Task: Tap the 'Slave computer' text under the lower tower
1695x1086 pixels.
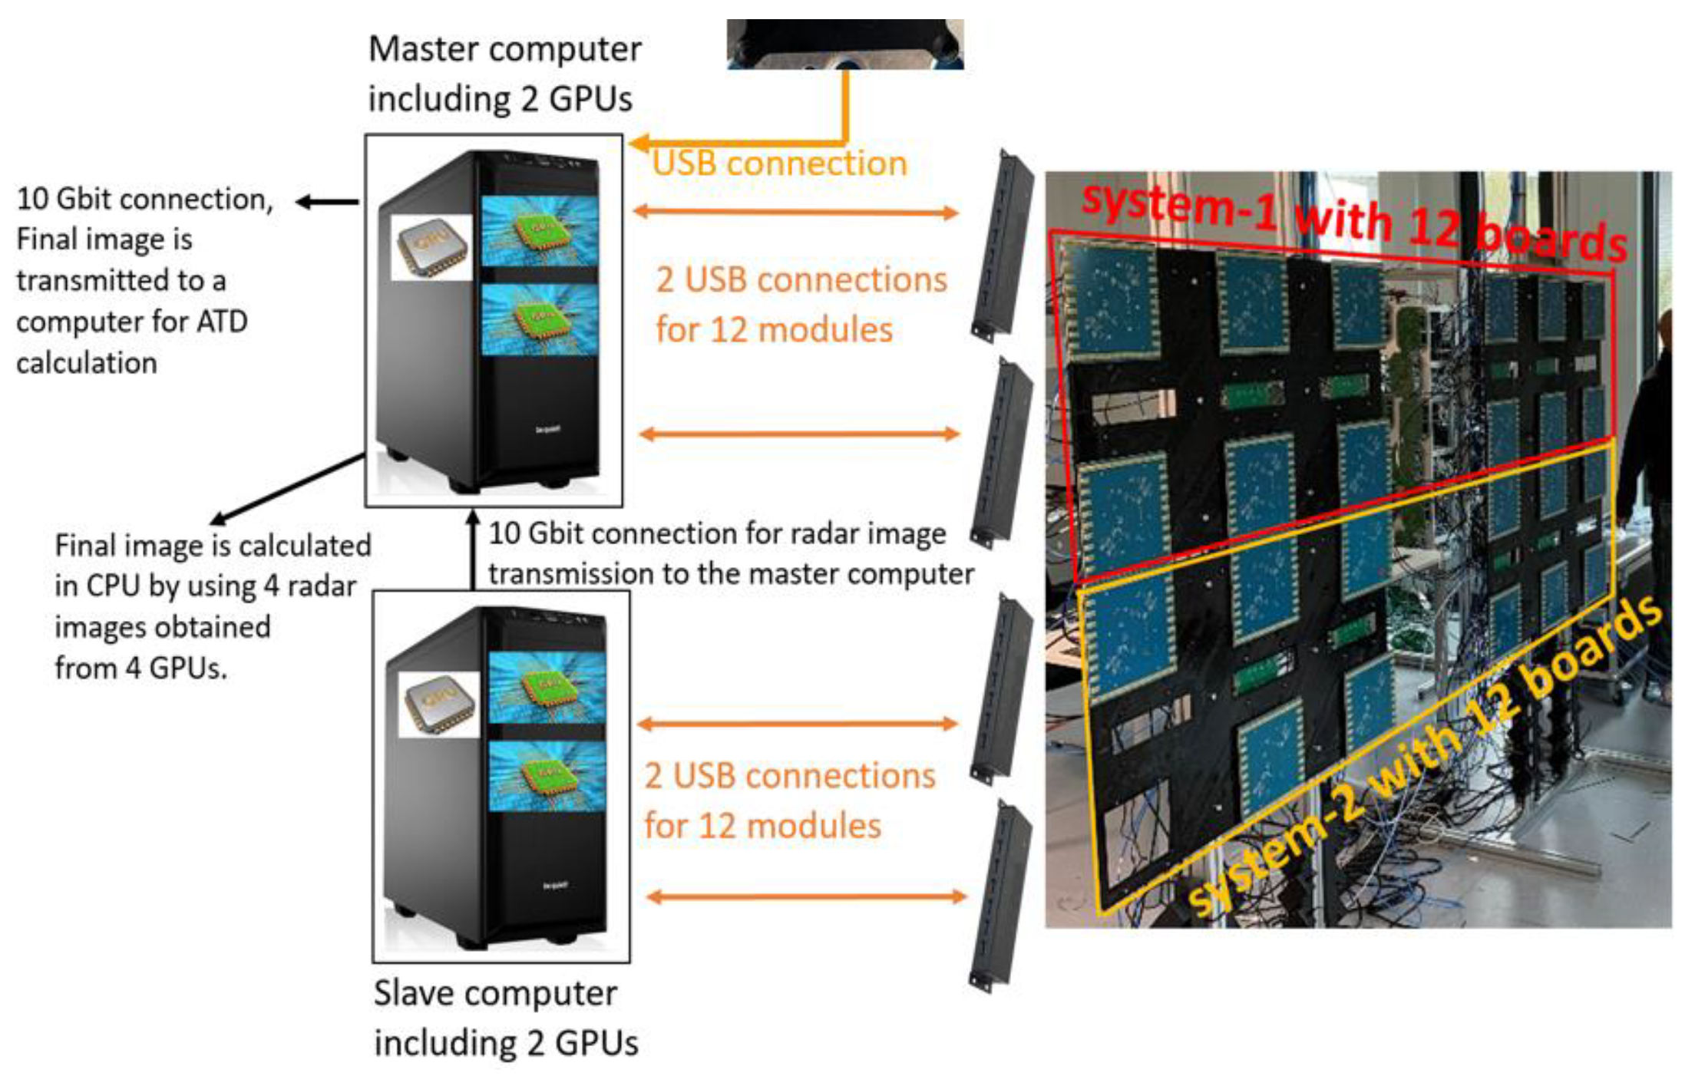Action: click(x=495, y=993)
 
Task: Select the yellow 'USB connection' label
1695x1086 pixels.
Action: click(x=779, y=163)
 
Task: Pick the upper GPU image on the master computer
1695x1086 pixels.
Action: click(x=540, y=231)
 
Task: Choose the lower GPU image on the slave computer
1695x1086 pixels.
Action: click(x=547, y=776)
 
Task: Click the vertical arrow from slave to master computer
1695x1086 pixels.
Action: click(x=473, y=550)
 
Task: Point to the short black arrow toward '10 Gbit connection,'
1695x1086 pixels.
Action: click(x=327, y=202)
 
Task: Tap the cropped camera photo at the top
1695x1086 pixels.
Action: click(x=844, y=45)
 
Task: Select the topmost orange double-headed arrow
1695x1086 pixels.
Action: click(x=795, y=212)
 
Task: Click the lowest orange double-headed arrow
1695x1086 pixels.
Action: click(x=806, y=896)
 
